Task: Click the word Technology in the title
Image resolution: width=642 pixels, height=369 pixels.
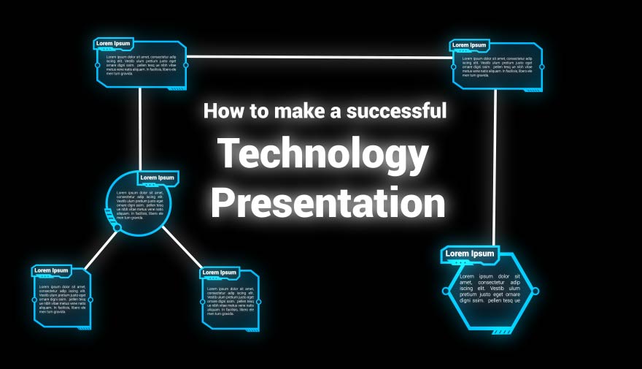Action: coord(323,155)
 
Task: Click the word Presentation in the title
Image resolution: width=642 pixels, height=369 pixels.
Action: coord(328,203)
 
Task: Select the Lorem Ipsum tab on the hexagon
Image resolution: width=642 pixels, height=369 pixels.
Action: coord(470,254)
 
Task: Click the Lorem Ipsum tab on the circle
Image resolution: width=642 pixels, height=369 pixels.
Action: coord(157,178)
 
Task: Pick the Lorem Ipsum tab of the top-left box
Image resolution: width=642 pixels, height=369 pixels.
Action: coord(113,43)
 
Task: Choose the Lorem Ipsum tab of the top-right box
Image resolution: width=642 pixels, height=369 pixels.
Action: coord(469,45)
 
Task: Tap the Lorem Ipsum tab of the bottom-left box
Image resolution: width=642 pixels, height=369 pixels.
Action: coord(51,270)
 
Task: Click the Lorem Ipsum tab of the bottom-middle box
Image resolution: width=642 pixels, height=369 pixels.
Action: coord(220,273)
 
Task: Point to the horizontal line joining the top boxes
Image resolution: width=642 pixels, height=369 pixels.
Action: coord(318,56)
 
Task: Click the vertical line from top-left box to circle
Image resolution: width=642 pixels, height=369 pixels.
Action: coord(140,129)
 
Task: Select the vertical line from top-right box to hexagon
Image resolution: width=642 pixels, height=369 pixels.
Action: coord(495,168)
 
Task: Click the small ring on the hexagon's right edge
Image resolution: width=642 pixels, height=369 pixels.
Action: coord(535,291)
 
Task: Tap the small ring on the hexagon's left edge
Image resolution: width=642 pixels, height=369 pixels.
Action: coord(446,291)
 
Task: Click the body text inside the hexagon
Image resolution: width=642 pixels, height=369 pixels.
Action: coord(490,289)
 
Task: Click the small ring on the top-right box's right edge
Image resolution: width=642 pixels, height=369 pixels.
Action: coord(541,66)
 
